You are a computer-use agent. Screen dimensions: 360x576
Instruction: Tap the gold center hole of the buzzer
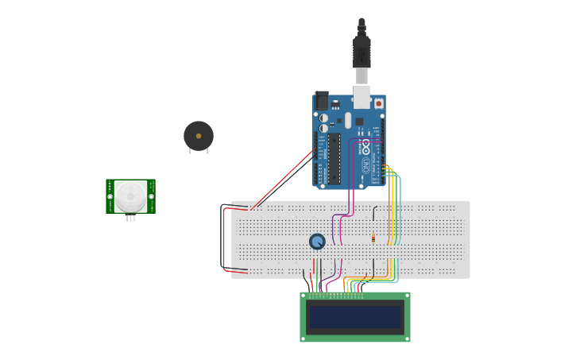pyautogui.click(x=199, y=136)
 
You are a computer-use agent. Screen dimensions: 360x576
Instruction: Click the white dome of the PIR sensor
pyautogui.click(x=130, y=196)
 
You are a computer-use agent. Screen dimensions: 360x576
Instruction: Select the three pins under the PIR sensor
pyautogui.click(x=130, y=218)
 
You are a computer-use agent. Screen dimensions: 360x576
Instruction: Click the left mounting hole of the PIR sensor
pyautogui.click(x=110, y=196)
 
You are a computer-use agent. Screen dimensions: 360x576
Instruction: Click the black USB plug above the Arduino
pyautogui.click(x=361, y=52)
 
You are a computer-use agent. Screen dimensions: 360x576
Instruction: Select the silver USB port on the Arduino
pyautogui.click(x=361, y=96)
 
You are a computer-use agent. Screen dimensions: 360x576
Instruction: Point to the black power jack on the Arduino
pyautogui.click(x=322, y=100)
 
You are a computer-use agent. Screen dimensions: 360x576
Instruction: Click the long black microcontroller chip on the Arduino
pyautogui.click(x=334, y=157)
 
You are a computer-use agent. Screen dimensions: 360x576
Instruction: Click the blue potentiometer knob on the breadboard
pyautogui.click(x=317, y=241)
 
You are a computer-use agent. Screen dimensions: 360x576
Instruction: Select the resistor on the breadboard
pyautogui.click(x=373, y=238)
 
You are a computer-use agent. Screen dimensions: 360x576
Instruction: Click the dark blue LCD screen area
pyautogui.click(x=355, y=317)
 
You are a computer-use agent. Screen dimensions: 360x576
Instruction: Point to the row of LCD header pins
pyautogui.click(x=336, y=295)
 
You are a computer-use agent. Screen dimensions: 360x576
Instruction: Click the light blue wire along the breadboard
pyautogui.click(x=400, y=230)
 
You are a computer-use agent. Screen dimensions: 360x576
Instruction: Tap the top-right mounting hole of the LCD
pyautogui.click(x=407, y=296)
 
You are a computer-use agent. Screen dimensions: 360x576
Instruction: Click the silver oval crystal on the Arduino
pyautogui.click(x=348, y=121)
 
